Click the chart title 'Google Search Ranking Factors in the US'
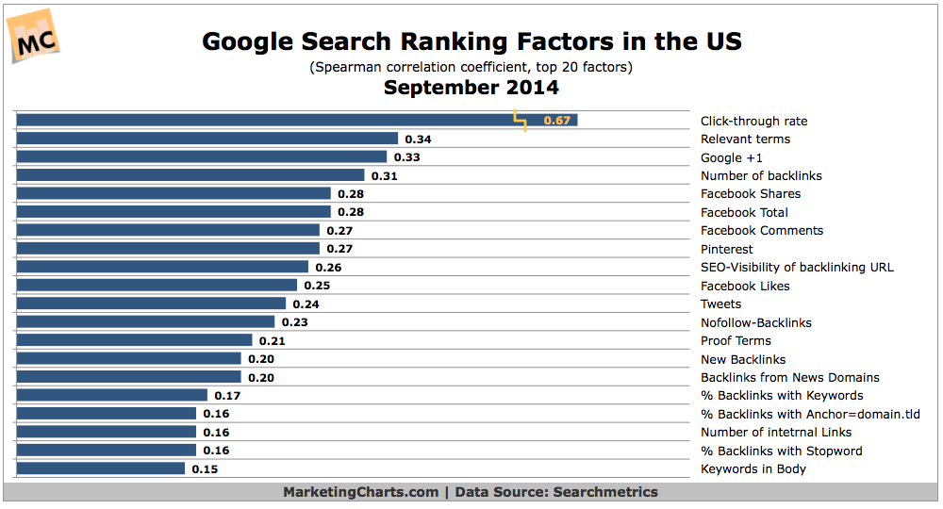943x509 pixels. click(471, 41)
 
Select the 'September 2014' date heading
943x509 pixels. click(471, 88)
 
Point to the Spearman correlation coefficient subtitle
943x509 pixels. click(471, 67)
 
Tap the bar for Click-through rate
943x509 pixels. click(264, 121)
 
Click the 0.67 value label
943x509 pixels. click(556, 121)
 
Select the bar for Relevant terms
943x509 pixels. click(207, 139)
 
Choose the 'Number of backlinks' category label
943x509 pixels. click(761, 175)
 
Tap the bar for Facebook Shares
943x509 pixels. click(174, 194)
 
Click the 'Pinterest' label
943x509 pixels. click(726, 249)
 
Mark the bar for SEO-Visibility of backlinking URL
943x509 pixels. click(162, 268)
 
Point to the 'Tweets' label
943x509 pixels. click(720, 304)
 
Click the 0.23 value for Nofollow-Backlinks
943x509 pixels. click(294, 322)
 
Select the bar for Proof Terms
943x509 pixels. click(135, 340)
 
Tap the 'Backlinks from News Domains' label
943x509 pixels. click(789, 377)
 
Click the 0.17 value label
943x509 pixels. click(226, 396)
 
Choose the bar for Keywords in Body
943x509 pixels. click(101, 468)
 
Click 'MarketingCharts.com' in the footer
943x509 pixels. click(361, 492)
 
